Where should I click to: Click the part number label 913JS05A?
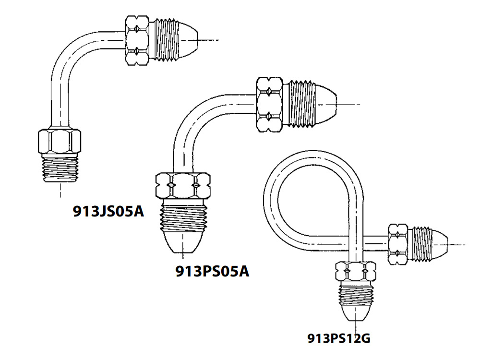(x=108, y=211)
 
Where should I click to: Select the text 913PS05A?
(x=212, y=271)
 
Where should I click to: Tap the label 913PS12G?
(x=339, y=338)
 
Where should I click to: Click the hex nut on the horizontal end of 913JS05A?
(x=137, y=40)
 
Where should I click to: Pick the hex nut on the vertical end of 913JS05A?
(x=60, y=142)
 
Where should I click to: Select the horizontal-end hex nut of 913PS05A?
(x=269, y=104)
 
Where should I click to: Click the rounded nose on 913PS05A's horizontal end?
(x=326, y=104)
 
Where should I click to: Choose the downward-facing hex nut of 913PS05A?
(x=183, y=185)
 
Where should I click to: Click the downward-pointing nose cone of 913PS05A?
(x=183, y=242)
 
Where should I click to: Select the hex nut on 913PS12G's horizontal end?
(x=398, y=244)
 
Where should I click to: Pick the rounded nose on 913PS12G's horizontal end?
(x=440, y=244)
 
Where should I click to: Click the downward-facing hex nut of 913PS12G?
(x=356, y=271)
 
